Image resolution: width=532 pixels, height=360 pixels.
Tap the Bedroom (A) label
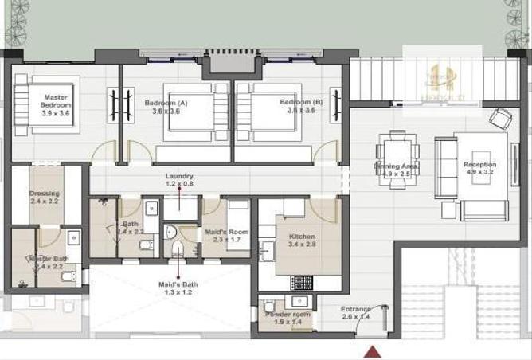pyautogui.click(x=166, y=103)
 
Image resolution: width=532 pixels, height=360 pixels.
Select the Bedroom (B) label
pyautogui.click(x=301, y=103)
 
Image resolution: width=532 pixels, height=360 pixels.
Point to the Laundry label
pyautogui.click(x=179, y=176)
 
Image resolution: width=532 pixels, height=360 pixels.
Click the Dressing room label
pyautogui.click(x=45, y=194)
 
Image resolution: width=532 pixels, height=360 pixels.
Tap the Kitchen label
pyautogui.click(x=303, y=237)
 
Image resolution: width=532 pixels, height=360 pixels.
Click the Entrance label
pyautogui.click(x=355, y=308)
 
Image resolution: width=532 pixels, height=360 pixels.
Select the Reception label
pyautogui.click(x=479, y=165)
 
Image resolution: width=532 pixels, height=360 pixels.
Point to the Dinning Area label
pyautogui.click(x=396, y=166)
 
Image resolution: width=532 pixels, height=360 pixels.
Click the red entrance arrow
pyautogui.click(x=370, y=352)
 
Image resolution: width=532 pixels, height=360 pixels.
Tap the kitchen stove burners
pyautogui.click(x=302, y=282)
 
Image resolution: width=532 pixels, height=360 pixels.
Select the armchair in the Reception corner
pyautogui.click(x=502, y=119)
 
